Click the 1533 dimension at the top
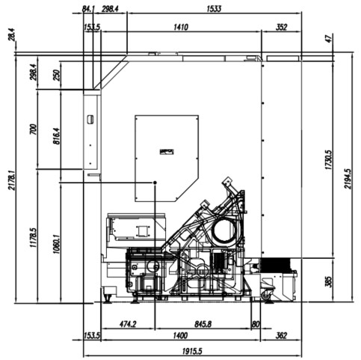pos(214,9)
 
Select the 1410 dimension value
pos(181,27)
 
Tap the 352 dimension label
pos(281,27)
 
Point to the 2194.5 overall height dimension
pos(348,179)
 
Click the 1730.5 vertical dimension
pos(329,160)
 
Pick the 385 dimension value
pos(329,281)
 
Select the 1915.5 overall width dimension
pos(192,351)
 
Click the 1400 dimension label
pos(180,335)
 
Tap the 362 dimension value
pos(281,335)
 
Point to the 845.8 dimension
pos(203,324)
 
